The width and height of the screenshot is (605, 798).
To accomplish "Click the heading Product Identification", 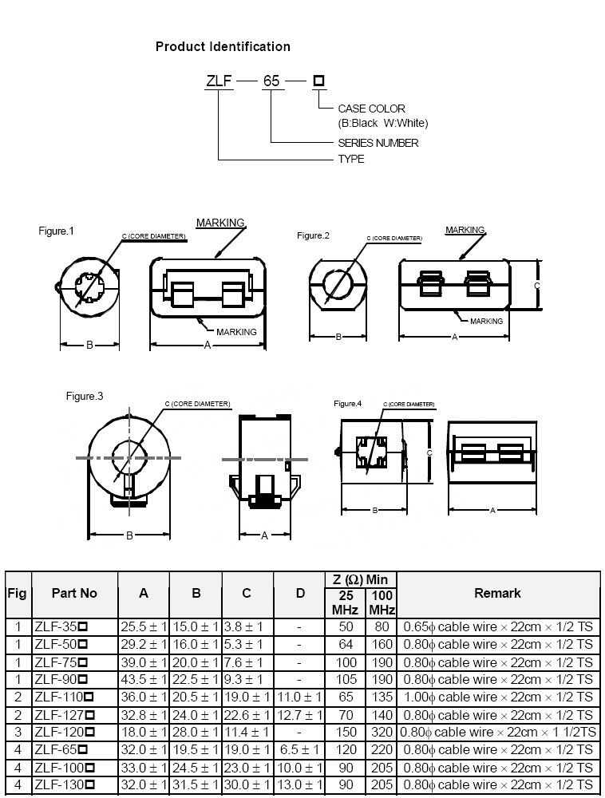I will coord(223,47).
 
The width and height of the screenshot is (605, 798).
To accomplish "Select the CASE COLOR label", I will coord(371,109).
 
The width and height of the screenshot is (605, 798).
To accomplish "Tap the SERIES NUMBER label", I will coord(378,143).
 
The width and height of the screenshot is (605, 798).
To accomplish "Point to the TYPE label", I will coord(351,159).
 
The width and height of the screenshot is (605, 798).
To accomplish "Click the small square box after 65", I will coord(318,81).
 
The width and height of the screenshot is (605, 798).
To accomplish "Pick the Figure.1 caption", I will coord(56,231).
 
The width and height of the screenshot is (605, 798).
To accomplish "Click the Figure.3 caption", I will coord(85,396).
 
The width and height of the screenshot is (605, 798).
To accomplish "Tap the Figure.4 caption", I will coord(347,404).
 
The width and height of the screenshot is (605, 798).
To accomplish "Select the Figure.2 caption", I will coord(313,235).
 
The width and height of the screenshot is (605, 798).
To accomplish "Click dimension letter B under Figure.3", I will coord(129,535).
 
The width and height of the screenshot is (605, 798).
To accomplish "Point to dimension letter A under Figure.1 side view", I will coord(208,345).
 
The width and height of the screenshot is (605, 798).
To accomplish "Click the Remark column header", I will coord(497,593).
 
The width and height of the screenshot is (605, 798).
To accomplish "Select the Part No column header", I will coord(74,593).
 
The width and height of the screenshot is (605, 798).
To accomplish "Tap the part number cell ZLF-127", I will coord(64,715).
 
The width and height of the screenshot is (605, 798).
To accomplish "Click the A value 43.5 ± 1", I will coord(144,680).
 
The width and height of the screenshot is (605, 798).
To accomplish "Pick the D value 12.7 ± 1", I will coord(299,715).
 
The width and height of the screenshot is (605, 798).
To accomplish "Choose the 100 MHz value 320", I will coord(382,733).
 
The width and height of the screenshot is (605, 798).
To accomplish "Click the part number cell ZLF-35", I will coord(60,627).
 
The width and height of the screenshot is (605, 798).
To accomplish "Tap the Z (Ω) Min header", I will coord(359,579).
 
